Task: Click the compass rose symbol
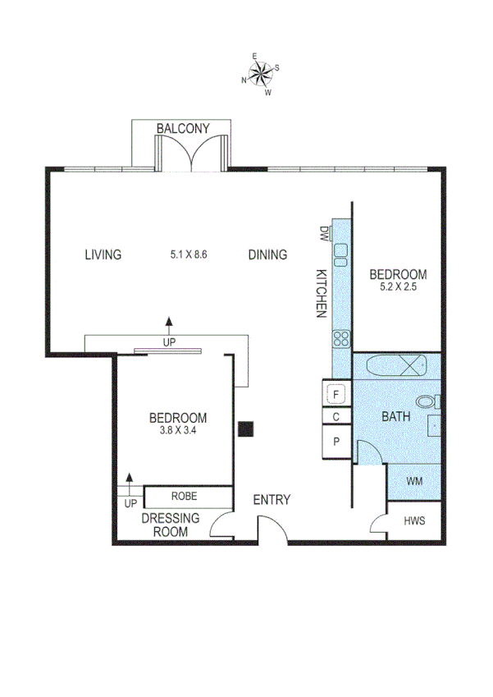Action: (x=261, y=74)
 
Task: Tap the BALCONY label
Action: (x=183, y=128)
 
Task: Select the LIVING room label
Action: (x=103, y=254)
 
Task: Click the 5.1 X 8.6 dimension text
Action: (x=188, y=254)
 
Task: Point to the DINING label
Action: (x=267, y=254)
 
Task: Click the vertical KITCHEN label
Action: (x=322, y=293)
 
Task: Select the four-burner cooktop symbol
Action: (x=342, y=338)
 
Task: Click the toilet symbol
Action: (x=427, y=402)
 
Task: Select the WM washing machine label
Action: (x=414, y=481)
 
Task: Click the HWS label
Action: (x=414, y=521)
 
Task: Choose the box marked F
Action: (x=336, y=394)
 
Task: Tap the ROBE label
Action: (x=183, y=497)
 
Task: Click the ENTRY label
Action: (x=271, y=500)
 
